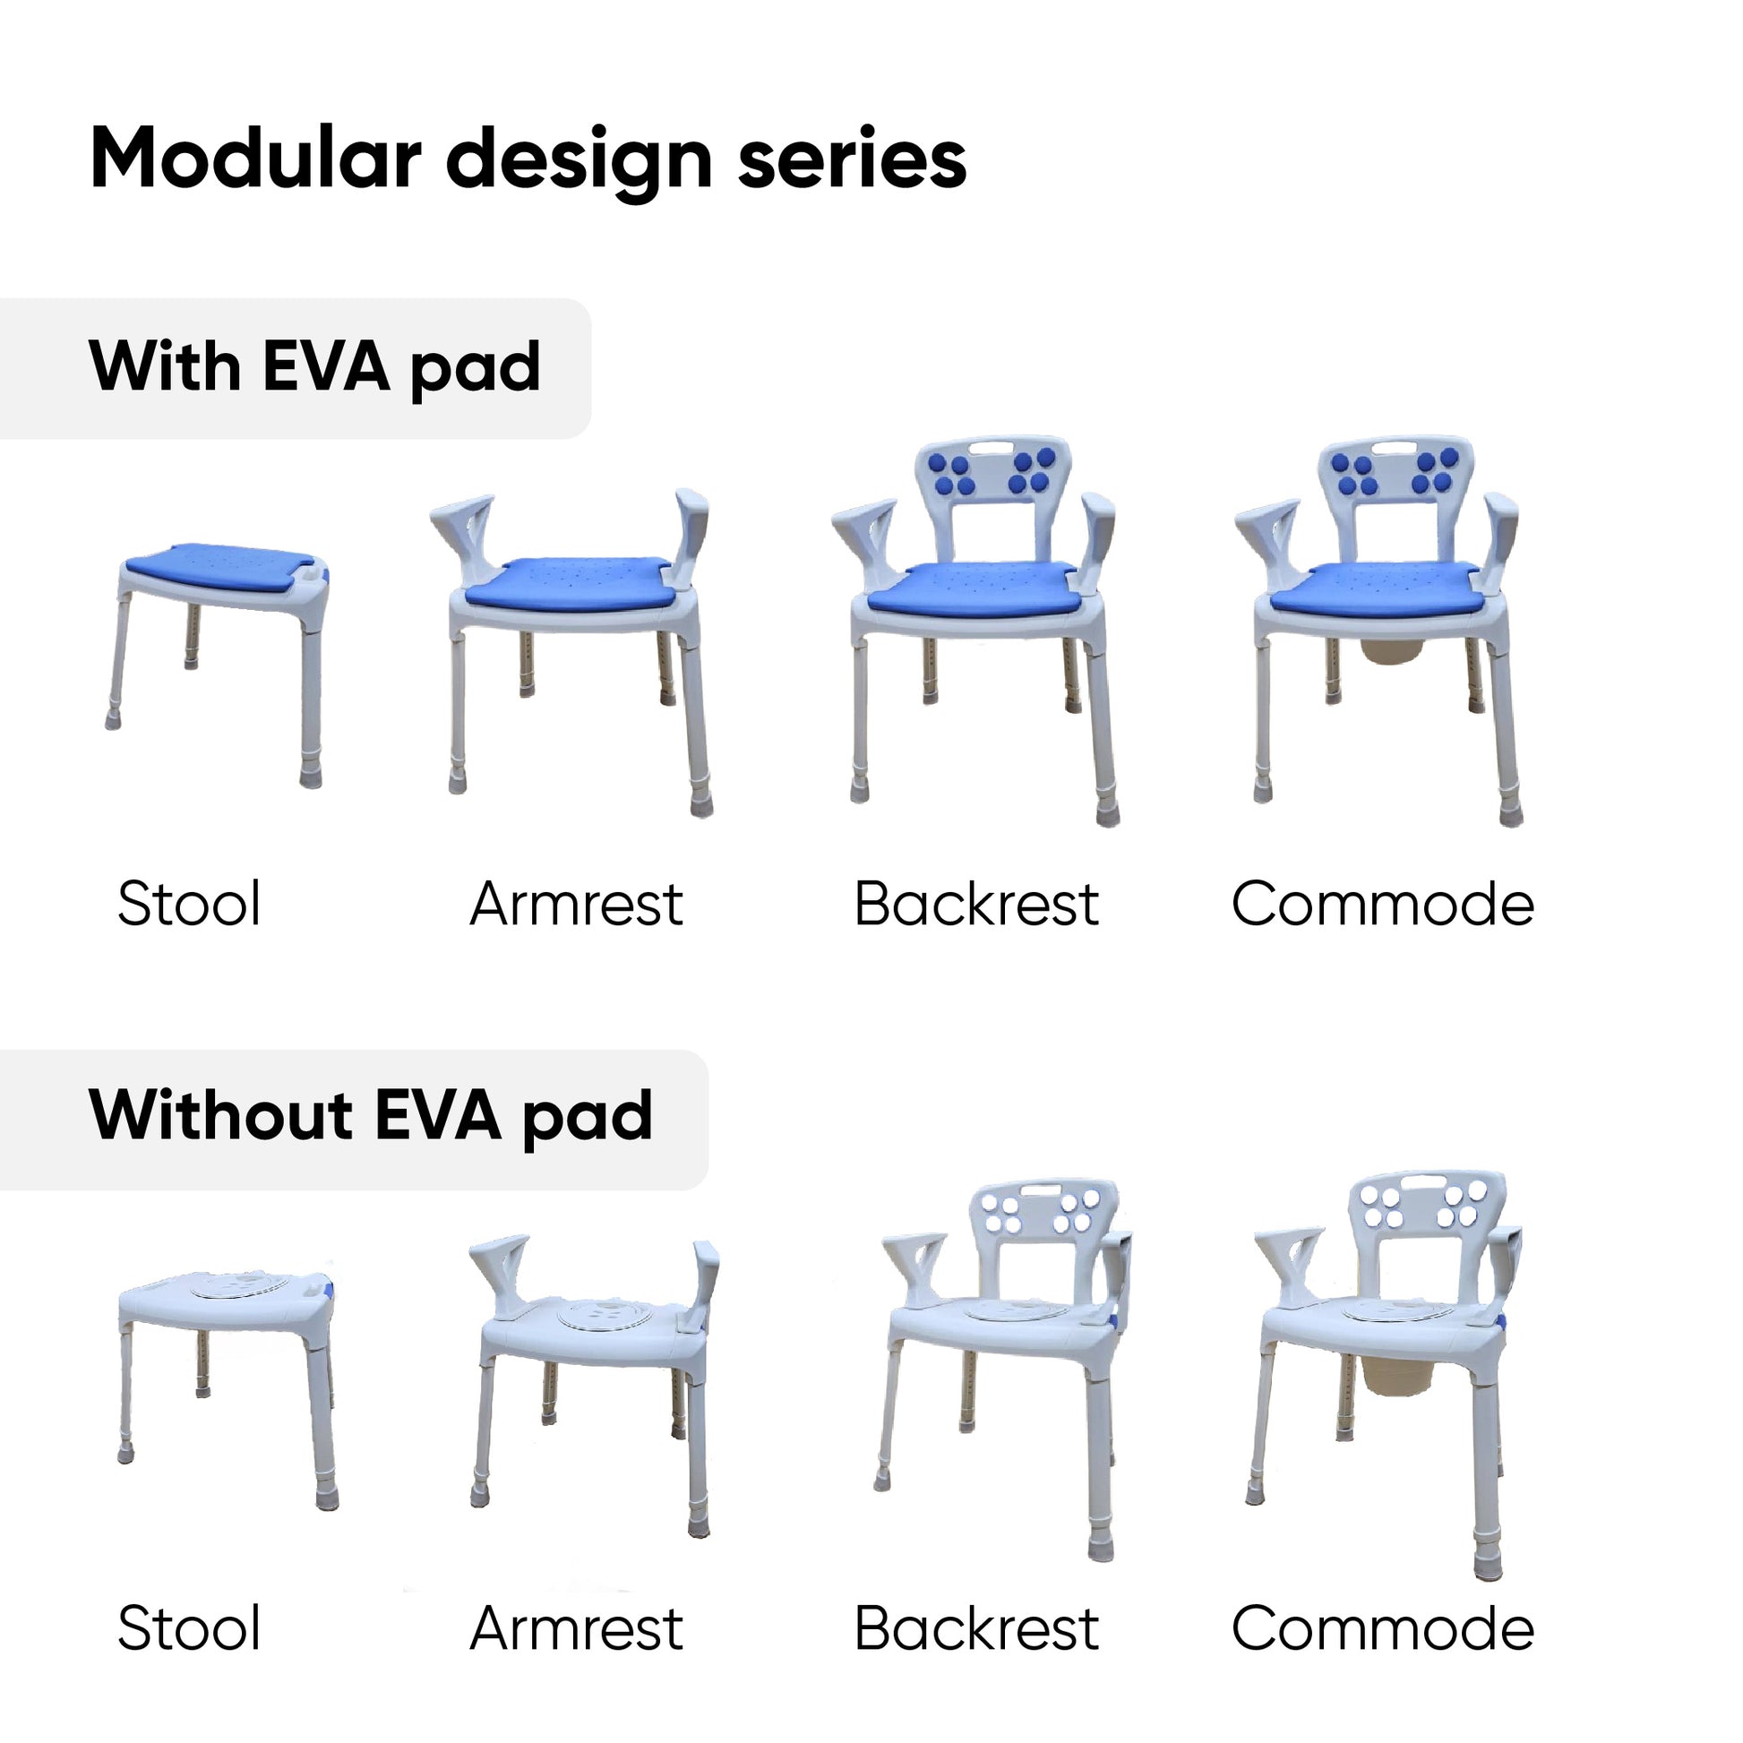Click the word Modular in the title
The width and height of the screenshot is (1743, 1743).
click(x=255, y=159)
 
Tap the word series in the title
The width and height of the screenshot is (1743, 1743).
click(x=852, y=159)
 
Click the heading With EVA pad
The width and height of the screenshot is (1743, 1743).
click(x=315, y=368)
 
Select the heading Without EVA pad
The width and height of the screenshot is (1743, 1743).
click(x=371, y=1117)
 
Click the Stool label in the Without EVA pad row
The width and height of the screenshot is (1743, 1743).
click(x=190, y=1628)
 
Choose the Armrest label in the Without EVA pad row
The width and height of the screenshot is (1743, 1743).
click(x=577, y=1628)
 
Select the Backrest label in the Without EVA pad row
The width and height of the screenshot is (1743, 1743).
click(x=976, y=1628)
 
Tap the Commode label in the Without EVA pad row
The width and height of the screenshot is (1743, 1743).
click(x=1382, y=1628)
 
